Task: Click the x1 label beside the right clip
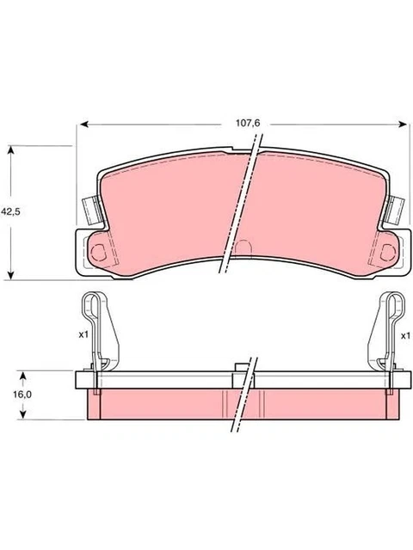click(x=404, y=335)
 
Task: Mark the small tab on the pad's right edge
click(x=397, y=209)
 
